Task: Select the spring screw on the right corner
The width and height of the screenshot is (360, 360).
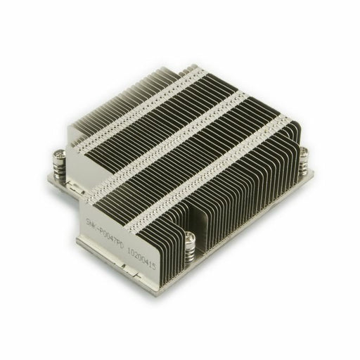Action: [304, 161]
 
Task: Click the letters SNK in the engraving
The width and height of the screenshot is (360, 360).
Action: [92, 214]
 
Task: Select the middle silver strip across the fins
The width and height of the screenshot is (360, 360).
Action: [176, 137]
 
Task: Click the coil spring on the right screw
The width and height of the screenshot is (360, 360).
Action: [304, 164]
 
